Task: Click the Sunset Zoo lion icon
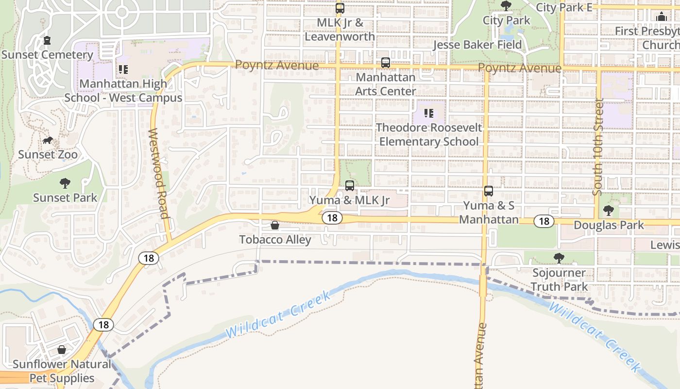coord(48,141)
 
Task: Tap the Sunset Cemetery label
coord(47,54)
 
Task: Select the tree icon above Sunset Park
coord(65,183)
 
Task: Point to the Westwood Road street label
coord(158,174)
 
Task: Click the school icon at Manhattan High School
coord(123,70)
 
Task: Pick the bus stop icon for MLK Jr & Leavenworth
coord(340,8)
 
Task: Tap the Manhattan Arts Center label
coord(386,84)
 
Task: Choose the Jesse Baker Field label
coord(477,45)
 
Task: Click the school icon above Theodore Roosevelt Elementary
coord(429,113)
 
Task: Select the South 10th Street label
coord(598,147)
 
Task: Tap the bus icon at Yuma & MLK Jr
coord(350,185)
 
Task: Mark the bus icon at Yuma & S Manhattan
coord(489,191)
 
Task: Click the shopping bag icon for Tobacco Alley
coord(275,225)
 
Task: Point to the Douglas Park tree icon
coord(608,211)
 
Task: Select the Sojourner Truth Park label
coord(559,280)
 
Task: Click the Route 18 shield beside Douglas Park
coord(544,222)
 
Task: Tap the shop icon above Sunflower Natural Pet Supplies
coord(62,350)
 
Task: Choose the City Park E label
coord(564,7)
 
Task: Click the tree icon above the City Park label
coord(506,6)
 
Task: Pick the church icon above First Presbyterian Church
coord(661,17)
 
